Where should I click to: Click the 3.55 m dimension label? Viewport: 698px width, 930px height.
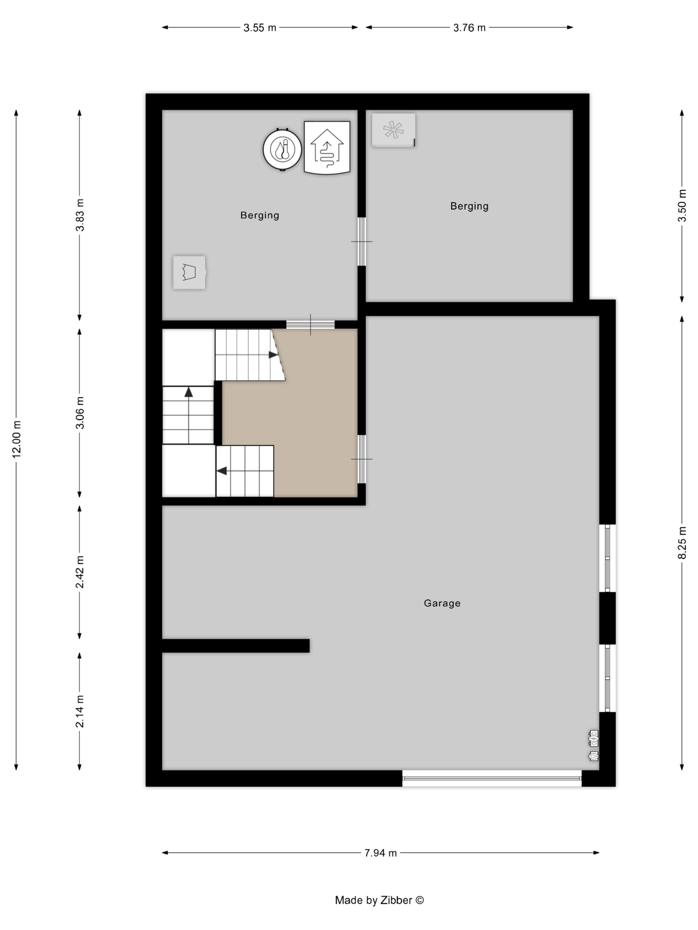click(x=260, y=28)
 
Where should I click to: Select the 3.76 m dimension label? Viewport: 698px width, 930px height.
click(x=469, y=28)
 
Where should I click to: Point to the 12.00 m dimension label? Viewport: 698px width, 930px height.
click(x=16, y=439)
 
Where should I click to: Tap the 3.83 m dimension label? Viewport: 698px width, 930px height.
click(x=79, y=215)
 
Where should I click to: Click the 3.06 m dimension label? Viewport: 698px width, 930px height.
click(x=79, y=413)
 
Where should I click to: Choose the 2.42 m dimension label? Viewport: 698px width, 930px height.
click(x=79, y=572)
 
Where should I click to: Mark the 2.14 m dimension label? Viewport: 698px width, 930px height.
click(x=79, y=711)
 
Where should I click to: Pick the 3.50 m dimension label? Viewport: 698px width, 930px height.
click(x=682, y=206)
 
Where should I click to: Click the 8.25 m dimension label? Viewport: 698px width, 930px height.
click(x=682, y=543)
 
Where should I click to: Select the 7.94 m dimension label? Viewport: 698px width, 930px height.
click(x=380, y=853)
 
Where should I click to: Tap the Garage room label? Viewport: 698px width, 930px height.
click(x=442, y=603)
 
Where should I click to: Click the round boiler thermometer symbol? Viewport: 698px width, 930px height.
click(x=282, y=149)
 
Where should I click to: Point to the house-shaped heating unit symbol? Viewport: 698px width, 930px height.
click(x=327, y=147)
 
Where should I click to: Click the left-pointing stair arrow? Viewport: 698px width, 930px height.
click(x=222, y=471)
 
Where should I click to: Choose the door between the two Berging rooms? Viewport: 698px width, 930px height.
click(x=361, y=241)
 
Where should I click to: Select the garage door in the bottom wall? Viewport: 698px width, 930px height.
click(x=492, y=778)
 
